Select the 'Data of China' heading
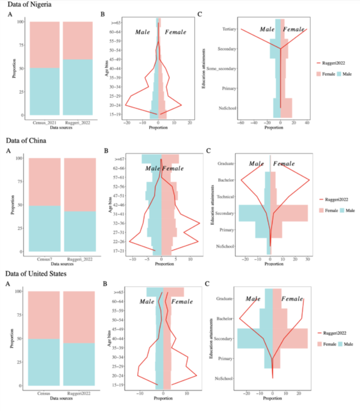point(27,139)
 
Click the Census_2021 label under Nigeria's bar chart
point(45,122)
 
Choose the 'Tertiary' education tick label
point(229,29)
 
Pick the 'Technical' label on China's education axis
point(226,197)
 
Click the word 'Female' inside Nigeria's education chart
point(295,29)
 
